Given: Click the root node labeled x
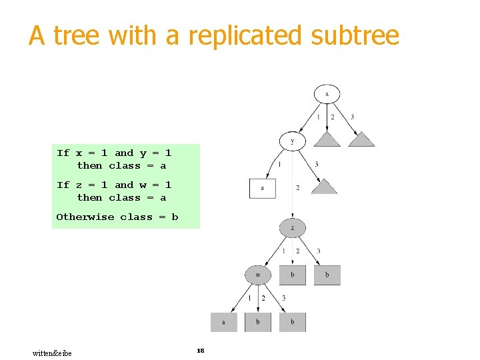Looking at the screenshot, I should (327, 94).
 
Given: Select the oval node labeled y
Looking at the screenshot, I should (293, 141).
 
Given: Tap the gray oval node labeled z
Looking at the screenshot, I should (293, 227).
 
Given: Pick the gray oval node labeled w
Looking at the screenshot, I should (258, 275).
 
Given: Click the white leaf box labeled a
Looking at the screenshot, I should (262, 188).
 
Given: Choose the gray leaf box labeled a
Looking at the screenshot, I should (223, 322).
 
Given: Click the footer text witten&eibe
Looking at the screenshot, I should (52, 353).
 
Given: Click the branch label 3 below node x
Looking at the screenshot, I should (352, 117).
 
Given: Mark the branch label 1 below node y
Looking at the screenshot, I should (279, 164).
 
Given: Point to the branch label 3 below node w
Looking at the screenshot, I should (283, 298).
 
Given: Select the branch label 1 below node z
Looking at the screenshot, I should (283, 251).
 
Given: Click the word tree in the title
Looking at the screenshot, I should (77, 35).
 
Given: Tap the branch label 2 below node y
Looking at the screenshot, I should (297, 188).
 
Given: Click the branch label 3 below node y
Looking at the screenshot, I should (316, 164).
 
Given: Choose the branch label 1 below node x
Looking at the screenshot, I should (318, 117).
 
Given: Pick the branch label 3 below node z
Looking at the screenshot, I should (318, 251).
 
